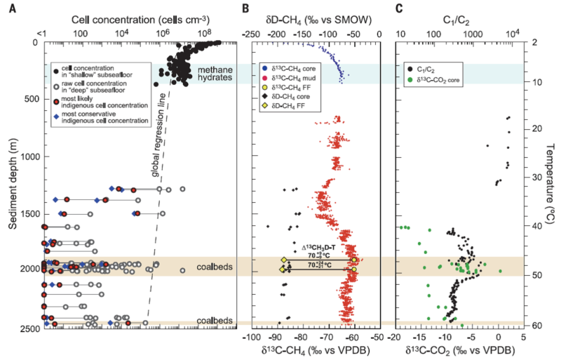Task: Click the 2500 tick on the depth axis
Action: pos(27,328)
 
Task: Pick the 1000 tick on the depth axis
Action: pos(27,156)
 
